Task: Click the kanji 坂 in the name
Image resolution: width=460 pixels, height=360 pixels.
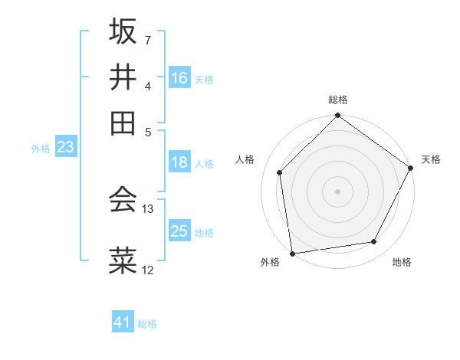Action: point(123,31)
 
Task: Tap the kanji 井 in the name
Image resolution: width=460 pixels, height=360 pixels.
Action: point(123,77)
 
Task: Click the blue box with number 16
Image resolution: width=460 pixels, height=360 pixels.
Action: point(179,78)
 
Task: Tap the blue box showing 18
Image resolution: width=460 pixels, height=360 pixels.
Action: point(179,162)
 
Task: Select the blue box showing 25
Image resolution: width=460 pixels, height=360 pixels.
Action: point(179,231)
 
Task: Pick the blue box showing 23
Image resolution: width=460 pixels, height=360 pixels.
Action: point(65,147)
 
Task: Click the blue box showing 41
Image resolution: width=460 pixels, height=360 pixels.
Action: point(123,322)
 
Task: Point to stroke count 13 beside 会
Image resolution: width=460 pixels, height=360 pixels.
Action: point(148,208)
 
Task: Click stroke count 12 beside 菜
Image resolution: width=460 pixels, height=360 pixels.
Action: point(148,270)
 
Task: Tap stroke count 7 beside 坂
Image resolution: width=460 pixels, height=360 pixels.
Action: point(148,39)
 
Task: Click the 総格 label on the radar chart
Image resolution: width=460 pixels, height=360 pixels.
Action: point(338,100)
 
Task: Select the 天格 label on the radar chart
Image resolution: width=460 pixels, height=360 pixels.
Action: point(432,159)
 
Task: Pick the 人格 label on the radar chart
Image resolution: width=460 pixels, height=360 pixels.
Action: point(245,159)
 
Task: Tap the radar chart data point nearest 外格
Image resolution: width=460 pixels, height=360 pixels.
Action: point(292,254)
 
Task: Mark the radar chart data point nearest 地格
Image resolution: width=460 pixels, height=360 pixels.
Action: point(374,242)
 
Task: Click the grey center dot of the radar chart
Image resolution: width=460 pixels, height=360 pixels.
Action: point(338,191)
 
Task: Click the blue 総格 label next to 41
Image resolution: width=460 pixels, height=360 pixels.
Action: point(147,324)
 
